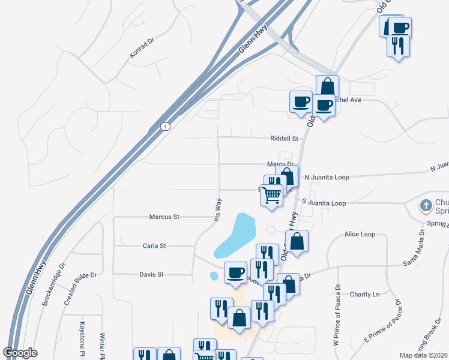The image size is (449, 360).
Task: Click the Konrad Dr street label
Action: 142,48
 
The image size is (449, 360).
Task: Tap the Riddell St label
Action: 285,139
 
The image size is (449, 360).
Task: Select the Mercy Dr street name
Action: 280,164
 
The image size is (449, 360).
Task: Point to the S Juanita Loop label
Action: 324,203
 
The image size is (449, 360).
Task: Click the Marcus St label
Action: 164,217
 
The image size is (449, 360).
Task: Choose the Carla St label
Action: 154,245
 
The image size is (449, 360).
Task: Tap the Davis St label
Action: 151,274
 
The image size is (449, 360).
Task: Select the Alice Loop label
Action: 360,235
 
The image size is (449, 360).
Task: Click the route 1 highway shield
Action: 165,127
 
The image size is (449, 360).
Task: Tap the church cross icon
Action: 426,206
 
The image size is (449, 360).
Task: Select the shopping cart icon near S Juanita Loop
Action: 272,194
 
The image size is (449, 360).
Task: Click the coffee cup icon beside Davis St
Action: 235,272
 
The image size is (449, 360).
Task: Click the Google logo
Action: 20,353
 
